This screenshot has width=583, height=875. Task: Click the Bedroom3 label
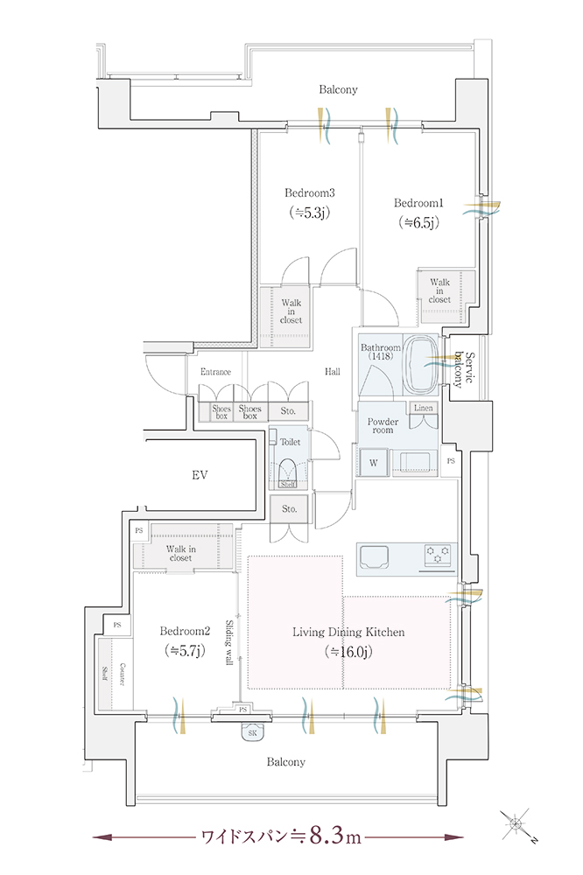point(309,193)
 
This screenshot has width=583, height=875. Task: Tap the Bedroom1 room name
point(418,203)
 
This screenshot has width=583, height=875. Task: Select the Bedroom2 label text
point(185,631)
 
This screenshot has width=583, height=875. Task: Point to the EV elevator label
point(200,475)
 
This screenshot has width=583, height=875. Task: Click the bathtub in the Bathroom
point(421,364)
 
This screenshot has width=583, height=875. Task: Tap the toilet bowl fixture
point(288,472)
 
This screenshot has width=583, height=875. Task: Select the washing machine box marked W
point(374,463)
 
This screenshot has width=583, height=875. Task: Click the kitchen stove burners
point(438,555)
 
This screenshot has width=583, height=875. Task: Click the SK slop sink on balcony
point(252,731)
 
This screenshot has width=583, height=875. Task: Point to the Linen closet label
point(424,408)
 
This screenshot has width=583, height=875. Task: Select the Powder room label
point(383,426)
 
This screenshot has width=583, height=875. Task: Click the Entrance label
point(215,372)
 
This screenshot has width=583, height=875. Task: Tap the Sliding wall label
point(229,642)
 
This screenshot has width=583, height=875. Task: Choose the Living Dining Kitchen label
point(348,633)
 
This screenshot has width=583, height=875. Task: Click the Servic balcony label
point(463,369)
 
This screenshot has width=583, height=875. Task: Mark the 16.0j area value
point(348,652)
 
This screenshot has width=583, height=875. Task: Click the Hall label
point(333,372)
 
